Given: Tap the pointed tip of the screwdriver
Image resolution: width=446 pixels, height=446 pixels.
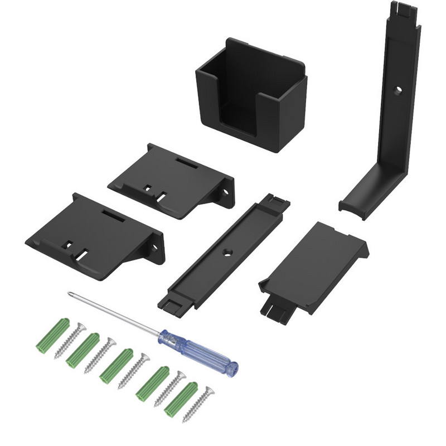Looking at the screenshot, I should click(x=69, y=293).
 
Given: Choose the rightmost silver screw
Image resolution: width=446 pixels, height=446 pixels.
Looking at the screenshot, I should click(x=200, y=404).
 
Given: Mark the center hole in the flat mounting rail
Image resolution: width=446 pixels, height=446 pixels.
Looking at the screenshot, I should click(x=227, y=253).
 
